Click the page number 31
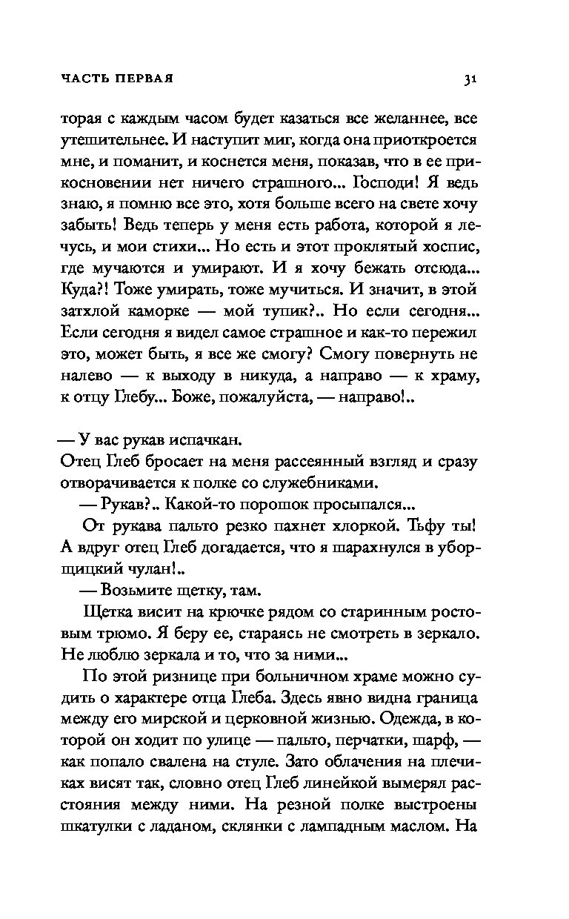[469, 79]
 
